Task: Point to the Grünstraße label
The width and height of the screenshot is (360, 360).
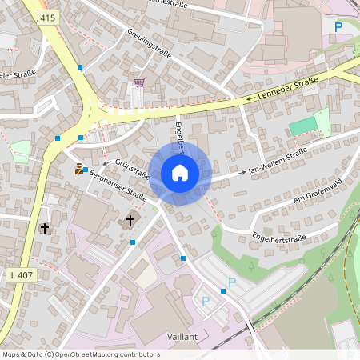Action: (x=133, y=168)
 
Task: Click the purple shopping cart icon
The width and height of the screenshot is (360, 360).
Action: (x=139, y=82)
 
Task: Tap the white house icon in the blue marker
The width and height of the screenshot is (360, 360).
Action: (x=179, y=172)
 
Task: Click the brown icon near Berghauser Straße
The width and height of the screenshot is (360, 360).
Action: (x=79, y=169)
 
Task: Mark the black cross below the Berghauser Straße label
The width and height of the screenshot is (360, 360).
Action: (x=131, y=219)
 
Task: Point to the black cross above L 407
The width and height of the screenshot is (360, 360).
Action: (x=45, y=228)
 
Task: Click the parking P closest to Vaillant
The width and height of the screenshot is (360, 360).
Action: (x=205, y=302)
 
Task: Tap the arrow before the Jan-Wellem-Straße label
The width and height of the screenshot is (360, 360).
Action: (x=242, y=173)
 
